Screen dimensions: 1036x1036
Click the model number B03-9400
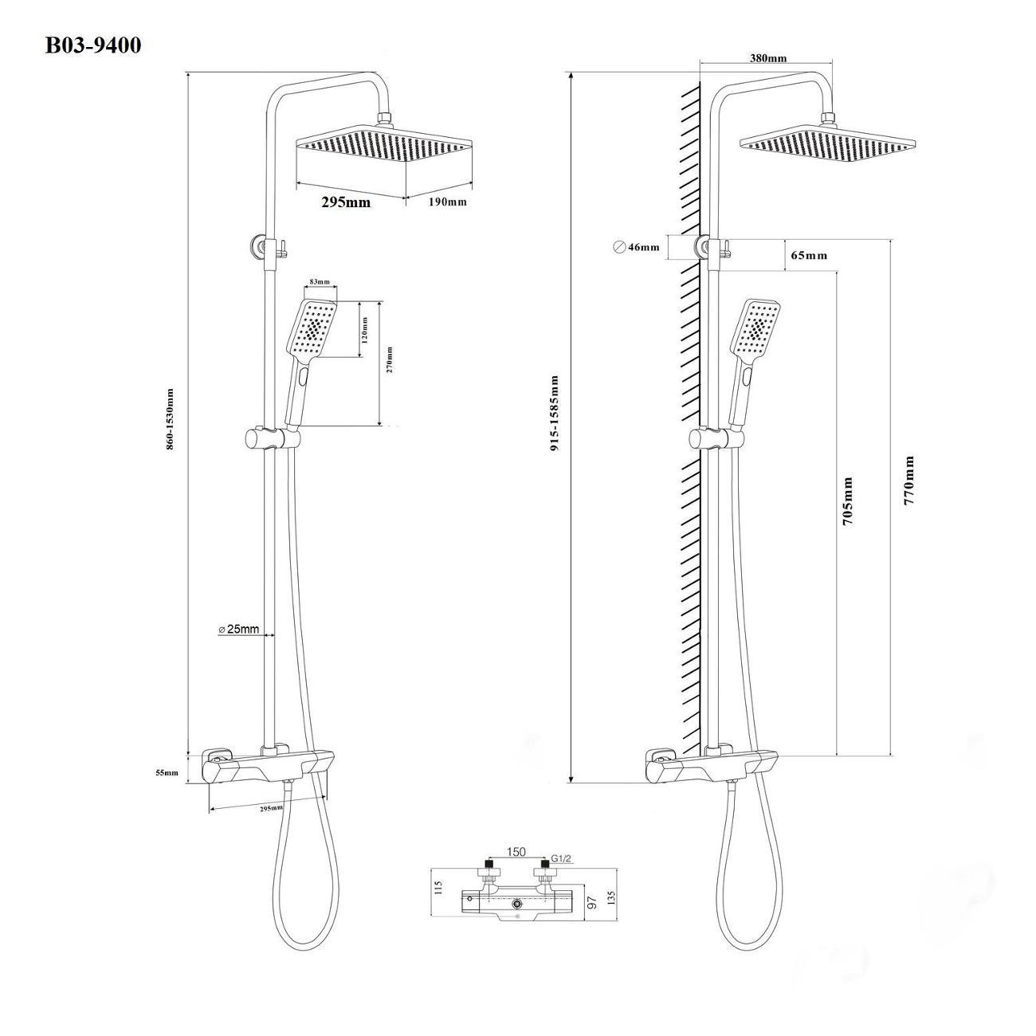[x=93, y=45]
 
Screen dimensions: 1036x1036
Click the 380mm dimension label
[x=768, y=58]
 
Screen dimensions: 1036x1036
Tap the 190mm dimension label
[x=448, y=202]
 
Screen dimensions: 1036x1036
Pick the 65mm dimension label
[x=809, y=255]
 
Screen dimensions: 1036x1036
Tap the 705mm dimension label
[x=847, y=501]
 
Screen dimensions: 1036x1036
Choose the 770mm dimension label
[x=908, y=480]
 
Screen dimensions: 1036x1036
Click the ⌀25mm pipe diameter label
[x=239, y=629]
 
